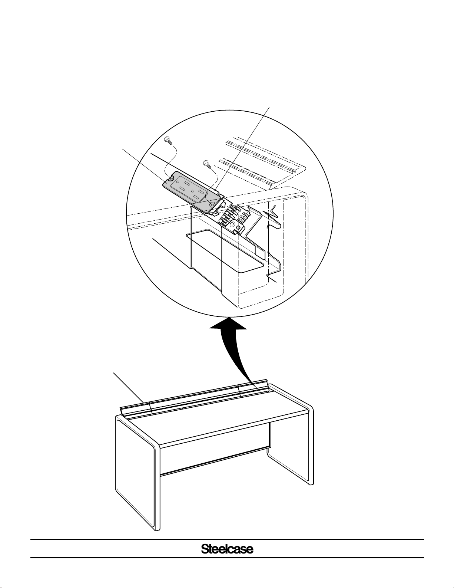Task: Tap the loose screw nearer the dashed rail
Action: (x=207, y=164)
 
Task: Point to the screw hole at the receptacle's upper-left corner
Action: (x=170, y=178)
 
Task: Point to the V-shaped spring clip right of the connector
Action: (x=272, y=214)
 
